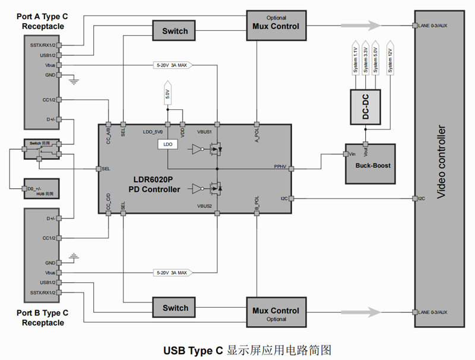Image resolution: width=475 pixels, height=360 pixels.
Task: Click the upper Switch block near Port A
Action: coord(175,31)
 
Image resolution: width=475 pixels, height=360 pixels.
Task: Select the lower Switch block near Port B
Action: coord(175,308)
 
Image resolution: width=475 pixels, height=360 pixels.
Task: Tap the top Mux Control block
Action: coord(275,26)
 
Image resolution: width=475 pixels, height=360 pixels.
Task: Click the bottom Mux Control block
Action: coord(275,311)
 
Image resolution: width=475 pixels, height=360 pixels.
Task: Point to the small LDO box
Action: coord(167,144)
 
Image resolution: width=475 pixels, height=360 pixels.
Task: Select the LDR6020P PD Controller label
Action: coord(154,185)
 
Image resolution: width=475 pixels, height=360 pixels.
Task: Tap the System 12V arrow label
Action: coord(390,59)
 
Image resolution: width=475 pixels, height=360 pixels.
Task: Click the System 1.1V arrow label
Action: coord(355,59)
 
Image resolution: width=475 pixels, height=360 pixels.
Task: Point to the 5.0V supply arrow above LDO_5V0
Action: coord(167,94)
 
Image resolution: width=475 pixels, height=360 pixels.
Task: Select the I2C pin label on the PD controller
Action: coord(283,198)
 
